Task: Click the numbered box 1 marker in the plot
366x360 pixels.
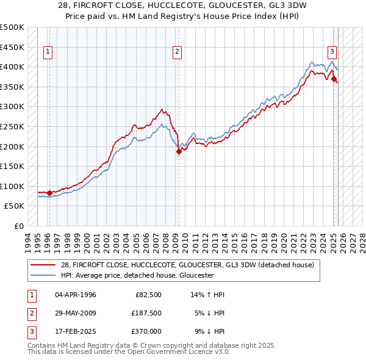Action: [x=48, y=52]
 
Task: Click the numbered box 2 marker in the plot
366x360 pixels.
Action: [x=177, y=52]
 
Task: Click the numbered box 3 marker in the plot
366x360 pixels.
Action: [x=332, y=52]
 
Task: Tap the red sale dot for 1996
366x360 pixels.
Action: [x=49, y=193]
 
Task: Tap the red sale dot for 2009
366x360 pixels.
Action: [x=179, y=151]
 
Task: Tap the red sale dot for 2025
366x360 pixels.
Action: [x=334, y=79]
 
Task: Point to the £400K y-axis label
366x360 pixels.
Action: [x=12, y=67]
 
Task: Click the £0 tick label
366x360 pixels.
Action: [x=18, y=226]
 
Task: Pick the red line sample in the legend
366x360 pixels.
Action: [x=43, y=265]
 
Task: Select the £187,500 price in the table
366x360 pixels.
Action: [x=146, y=313]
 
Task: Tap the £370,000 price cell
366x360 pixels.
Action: [x=146, y=331]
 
